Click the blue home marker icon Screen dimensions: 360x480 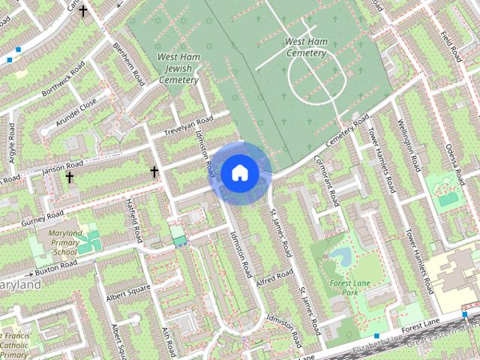coord(239,172)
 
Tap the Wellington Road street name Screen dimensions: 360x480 coord(411,143)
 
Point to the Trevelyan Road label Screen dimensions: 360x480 coord(188,125)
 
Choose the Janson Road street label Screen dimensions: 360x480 coord(63,168)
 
